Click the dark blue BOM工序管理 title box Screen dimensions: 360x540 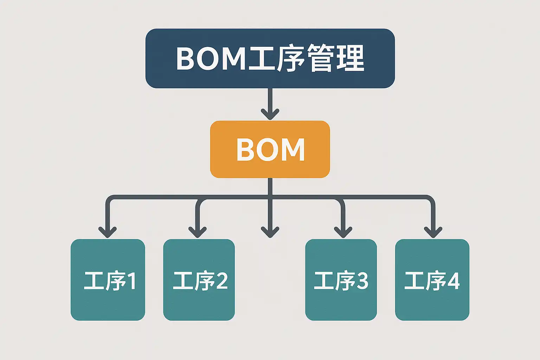270,58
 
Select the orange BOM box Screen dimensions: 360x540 270,149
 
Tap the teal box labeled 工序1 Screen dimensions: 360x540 108,280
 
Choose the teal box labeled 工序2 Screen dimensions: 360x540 199,280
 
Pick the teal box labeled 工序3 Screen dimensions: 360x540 341,280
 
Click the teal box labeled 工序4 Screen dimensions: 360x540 432,280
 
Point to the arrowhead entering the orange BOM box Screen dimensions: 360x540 270,114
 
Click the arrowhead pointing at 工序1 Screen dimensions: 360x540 108,232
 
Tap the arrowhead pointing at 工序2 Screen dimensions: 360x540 198,232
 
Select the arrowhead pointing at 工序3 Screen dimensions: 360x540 343,232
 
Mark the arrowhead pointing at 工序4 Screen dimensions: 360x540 433,232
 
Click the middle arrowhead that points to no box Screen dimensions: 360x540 270,232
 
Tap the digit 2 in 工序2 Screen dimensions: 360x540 222,281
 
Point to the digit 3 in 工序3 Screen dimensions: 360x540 362,281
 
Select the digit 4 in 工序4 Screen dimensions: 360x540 453,281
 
